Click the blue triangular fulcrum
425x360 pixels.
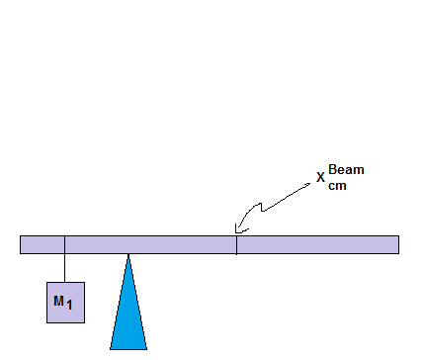coord(128,316)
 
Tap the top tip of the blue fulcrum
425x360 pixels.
coord(128,256)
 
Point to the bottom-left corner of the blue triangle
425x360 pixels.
coord(111,349)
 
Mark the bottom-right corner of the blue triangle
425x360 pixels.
coord(146,349)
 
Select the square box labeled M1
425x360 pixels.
coord(65,302)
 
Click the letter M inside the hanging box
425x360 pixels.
coord(58,300)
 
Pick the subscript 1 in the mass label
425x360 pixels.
coord(70,305)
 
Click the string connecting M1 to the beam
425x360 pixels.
coord(65,267)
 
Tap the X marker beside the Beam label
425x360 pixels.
coord(320,178)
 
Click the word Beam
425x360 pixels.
coord(346,170)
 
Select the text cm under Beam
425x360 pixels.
coord(338,184)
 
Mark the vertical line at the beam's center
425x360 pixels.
coord(236,244)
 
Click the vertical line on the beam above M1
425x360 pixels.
coord(65,244)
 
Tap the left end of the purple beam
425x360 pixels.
coord(22,244)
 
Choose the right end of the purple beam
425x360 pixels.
coord(397,244)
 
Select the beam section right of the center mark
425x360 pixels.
coord(316,244)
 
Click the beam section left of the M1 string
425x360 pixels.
coord(42,244)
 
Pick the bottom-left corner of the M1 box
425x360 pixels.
coord(47,321)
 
